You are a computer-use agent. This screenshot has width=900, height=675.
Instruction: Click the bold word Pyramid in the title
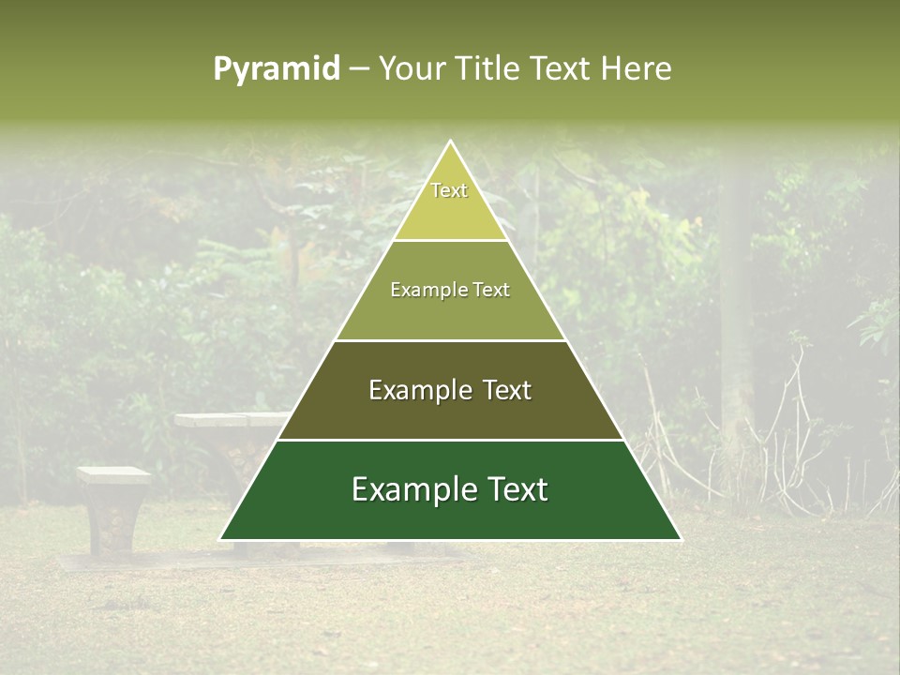click(x=277, y=69)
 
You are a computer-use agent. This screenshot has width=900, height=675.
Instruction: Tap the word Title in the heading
click(x=491, y=69)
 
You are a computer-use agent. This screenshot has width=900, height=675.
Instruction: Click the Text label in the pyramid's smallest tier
click(x=449, y=190)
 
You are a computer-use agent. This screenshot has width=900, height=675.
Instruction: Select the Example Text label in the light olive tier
click(x=450, y=290)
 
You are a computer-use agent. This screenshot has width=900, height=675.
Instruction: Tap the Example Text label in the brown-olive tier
click(x=450, y=390)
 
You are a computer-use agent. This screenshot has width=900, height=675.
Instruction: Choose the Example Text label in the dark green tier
click(x=450, y=489)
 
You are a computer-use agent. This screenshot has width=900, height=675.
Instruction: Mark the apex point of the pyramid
click(x=450, y=142)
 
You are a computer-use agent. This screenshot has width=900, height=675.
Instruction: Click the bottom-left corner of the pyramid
click(x=220, y=539)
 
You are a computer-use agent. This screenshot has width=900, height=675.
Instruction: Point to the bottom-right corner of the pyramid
click(x=681, y=539)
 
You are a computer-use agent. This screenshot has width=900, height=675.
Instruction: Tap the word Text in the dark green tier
click(x=515, y=489)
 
